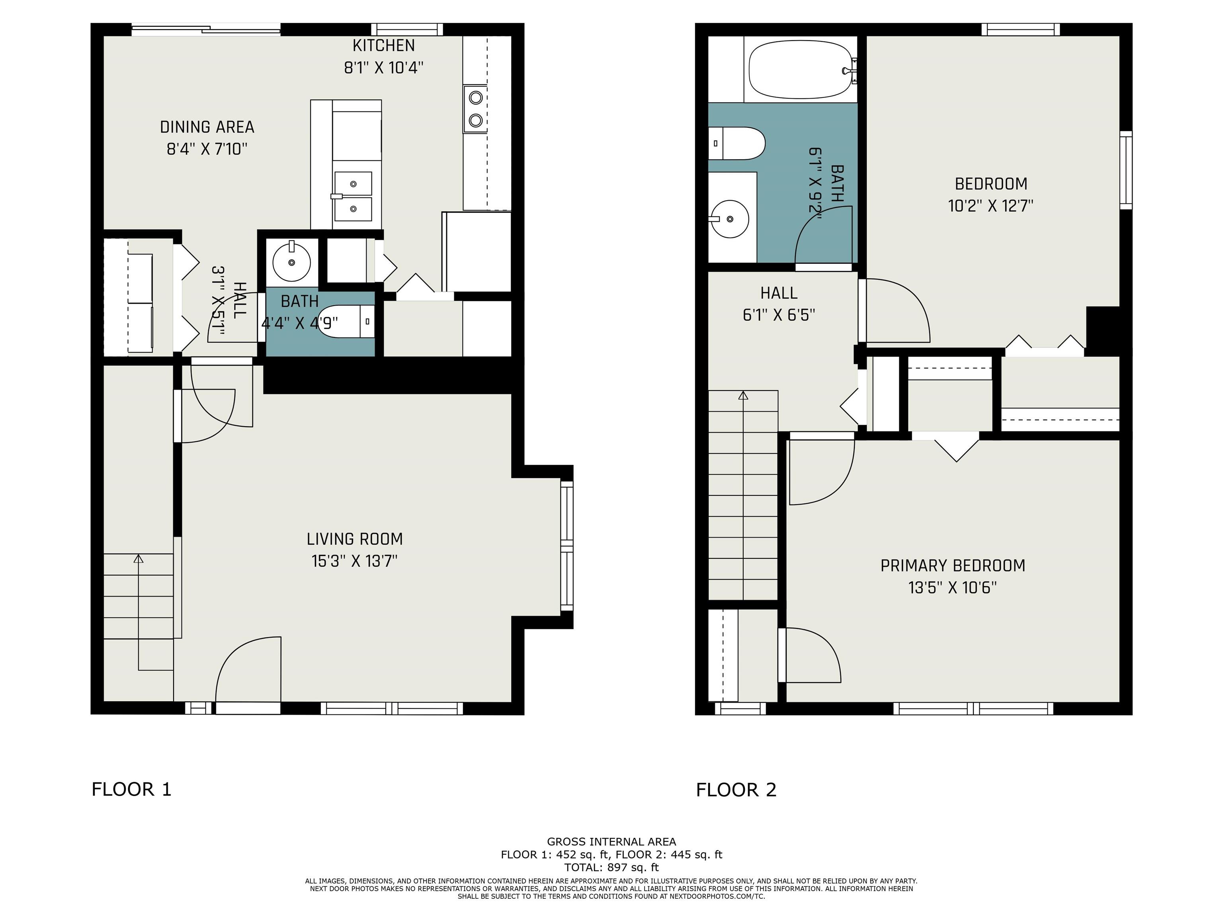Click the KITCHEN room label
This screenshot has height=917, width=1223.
(x=384, y=45)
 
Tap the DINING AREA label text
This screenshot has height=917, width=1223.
(x=207, y=127)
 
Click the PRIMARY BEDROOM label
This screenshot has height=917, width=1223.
(x=953, y=566)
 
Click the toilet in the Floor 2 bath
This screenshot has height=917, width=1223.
(x=737, y=143)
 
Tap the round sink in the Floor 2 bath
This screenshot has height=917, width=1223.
(x=729, y=219)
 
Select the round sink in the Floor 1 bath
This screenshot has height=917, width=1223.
(x=292, y=261)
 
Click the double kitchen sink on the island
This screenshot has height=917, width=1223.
(x=353, y=196)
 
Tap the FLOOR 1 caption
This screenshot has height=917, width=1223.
(x=132, y=789)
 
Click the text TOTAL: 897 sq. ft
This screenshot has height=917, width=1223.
(x=611, y=867)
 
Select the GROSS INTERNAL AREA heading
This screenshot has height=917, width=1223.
(x=611, y=842)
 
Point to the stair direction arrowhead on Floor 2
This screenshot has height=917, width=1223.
(x=743, y=396)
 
